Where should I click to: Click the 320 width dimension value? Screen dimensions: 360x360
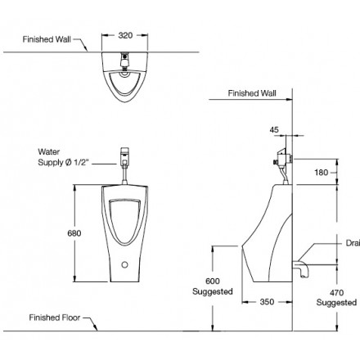pyautogui.click(x=125, y=36)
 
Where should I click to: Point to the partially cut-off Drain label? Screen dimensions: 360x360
pyautogui.click(x=350, y=242)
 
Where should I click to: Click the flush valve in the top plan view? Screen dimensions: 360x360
pyautogui.click(x=125, y=59)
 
